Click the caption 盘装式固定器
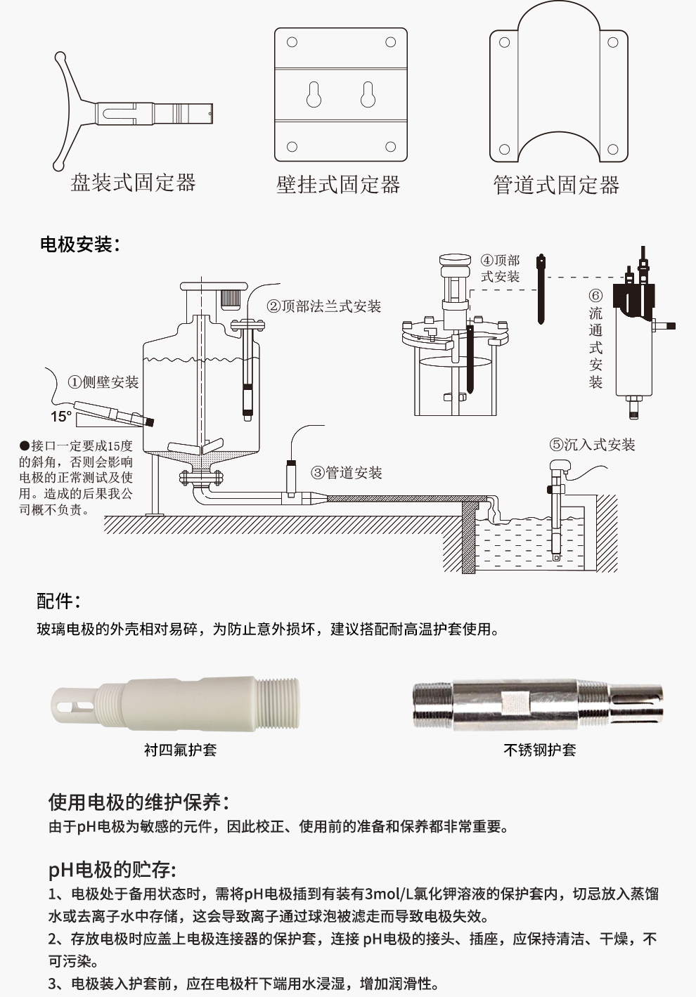[x=133, y=183]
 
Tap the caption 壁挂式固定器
[x=338, y=184]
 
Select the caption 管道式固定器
[x=556, y=185]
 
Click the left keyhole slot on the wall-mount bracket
[x=314, y=94]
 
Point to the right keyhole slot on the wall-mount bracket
[x=368, y=94]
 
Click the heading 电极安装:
[x=80, y=245]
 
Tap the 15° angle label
[x=60, y=417]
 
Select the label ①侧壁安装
[x=103, y=382]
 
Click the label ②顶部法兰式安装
[x=323, y=306]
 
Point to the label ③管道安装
[x=347, y=473]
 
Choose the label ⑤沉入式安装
[x=592, y=445]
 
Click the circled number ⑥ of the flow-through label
[x=595, y=296]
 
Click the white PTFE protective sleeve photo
[x=175, y=705]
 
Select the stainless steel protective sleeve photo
[x=538, y=705]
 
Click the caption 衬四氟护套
[x=181, y=750]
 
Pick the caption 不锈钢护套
[x=540, y=750]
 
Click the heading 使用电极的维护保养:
[x=139, y=802]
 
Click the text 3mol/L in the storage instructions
[x=389, y=893]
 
